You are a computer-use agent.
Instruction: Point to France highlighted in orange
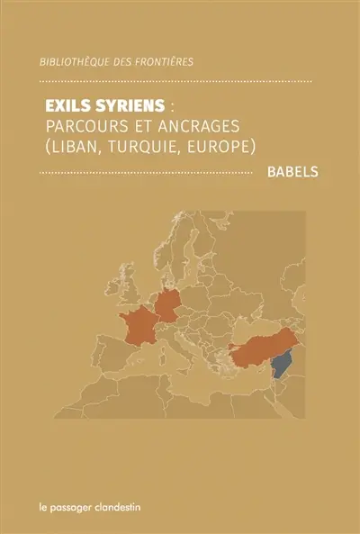(143, 330)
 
